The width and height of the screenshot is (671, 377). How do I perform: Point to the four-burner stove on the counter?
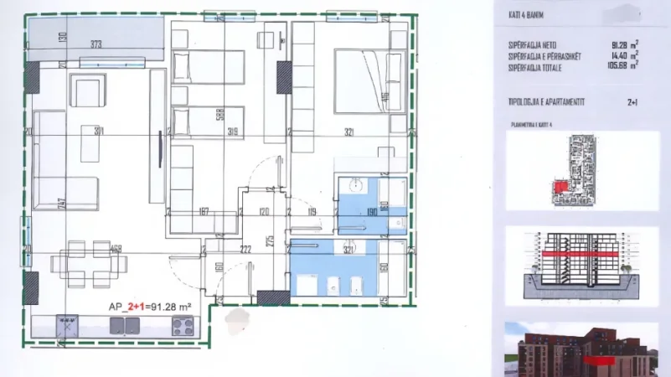point(183,327)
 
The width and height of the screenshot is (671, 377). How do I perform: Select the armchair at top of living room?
point(87,90)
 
